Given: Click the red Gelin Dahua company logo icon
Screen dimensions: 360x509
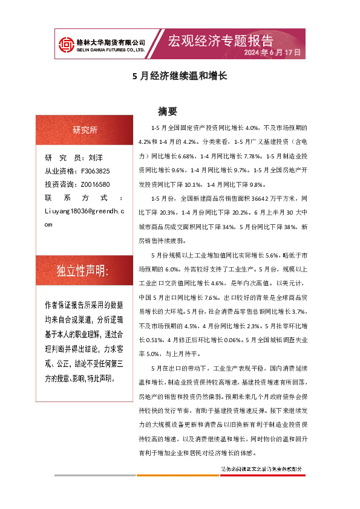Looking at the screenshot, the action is [65, 45].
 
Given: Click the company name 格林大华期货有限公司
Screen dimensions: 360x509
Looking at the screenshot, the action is [110, 42].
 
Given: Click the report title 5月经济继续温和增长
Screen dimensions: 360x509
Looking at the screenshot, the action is [179, 77].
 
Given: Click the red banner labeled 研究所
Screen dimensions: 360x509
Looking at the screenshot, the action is [84, 130].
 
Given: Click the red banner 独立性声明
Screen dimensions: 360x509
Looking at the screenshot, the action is [83, 271].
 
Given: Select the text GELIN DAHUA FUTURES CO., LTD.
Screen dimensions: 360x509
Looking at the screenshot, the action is [110, 50].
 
